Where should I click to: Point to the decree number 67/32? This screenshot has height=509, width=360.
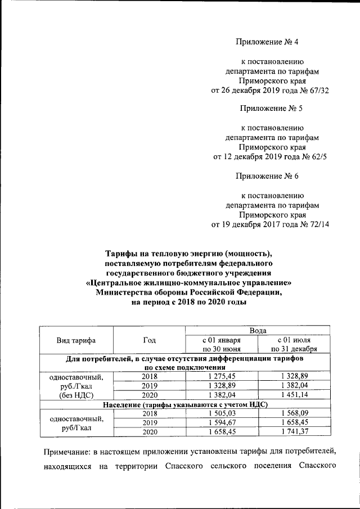317,90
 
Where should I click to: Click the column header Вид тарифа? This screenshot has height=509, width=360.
76,341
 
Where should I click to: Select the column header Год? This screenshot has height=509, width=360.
149,340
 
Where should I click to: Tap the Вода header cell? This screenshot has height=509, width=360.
257,331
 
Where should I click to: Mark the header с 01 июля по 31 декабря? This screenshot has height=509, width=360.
294,345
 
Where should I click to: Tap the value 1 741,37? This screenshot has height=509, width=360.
294,431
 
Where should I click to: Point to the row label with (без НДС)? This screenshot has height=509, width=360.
76,395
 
